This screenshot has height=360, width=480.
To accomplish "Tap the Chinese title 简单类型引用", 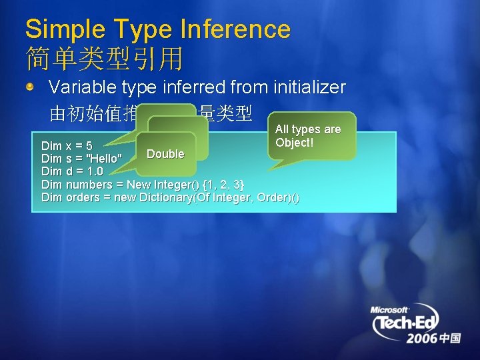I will (104, 59).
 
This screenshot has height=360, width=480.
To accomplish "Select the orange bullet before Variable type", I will (31, 87).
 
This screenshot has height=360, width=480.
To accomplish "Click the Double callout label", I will (165, 154).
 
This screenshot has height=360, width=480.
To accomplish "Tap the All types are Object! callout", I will (307, 136).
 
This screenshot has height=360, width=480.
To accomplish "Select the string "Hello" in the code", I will (105, 159).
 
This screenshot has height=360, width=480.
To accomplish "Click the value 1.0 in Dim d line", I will (94, 171).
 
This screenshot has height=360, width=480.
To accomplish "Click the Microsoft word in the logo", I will (389, 310).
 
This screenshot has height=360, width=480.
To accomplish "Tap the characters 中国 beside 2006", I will (450, 339).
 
